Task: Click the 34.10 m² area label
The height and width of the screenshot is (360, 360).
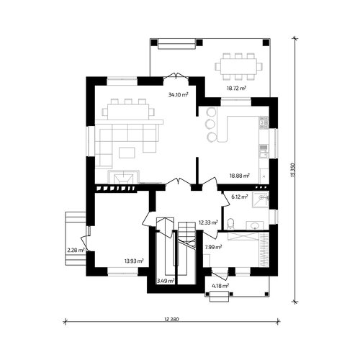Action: click(x=178, y=94)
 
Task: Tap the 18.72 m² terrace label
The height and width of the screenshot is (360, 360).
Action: click(x=236, y=88)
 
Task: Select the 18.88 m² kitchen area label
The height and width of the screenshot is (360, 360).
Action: click(x=240, y=176)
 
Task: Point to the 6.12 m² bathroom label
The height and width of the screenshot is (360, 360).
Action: click(x=239, y=197)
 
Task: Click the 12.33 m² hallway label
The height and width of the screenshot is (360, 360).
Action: click(x=208, y=222)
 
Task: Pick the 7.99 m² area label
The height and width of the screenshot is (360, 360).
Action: click(x=213, y=247)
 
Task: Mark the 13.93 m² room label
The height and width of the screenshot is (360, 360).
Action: click(x=134, y=261)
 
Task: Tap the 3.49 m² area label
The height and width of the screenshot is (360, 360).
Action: click(x=166, y=281)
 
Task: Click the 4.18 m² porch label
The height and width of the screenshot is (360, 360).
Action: click(x=220, y=286)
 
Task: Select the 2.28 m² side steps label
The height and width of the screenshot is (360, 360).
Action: click(x=76, y=251)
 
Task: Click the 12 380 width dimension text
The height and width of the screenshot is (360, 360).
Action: click(x=171, y=319)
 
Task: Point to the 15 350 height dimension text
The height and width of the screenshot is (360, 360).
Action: click(x=292, y=170)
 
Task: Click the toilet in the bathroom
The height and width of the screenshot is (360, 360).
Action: click(x=230, y=223)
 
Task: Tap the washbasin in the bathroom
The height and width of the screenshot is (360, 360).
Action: click(x=255, y=225)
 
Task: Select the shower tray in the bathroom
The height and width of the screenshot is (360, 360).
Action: click(x=261, y=199)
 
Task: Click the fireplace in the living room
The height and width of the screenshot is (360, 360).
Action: click(x=124, y=177)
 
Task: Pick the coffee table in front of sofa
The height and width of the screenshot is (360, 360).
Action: click(x=127, y=153)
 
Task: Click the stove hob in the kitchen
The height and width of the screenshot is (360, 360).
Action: click(x=264, y=122)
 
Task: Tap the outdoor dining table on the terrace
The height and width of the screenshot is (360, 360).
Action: click(x=239, y=66)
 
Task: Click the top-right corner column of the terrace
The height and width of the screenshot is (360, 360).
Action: click(x=266, y=42)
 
